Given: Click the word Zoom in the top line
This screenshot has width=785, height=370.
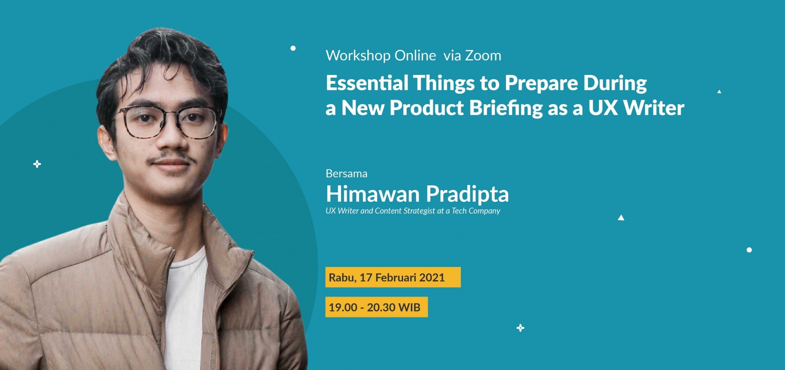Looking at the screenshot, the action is (x=483, y=55).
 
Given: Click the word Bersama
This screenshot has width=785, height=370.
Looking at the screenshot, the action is (x=347, y=173).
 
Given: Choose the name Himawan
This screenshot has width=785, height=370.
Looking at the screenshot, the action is (x=373, y=194).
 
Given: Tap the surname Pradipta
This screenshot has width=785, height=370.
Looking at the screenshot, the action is (x=467, y=194).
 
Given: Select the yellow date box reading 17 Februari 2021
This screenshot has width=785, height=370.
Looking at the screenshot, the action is (x=393, y=277).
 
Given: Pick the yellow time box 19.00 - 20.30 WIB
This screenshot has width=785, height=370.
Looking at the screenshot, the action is (x=376, y=307).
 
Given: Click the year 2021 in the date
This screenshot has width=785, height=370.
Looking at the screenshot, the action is (x=432, y=277).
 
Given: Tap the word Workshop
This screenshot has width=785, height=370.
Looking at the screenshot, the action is (x=358, y=55).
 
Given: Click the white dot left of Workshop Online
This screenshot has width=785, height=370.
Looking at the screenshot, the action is (x=293, y=48).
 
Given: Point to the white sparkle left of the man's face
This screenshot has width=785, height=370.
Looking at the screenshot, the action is (x=37, y=164).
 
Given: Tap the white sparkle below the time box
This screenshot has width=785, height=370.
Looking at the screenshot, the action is (x=520, y=328).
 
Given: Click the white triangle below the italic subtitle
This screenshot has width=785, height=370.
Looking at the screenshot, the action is (x=621, y=217).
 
